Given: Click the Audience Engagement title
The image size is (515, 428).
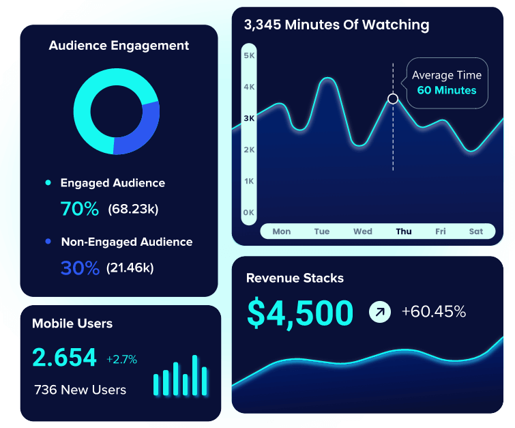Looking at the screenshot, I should click(x=119, y=46).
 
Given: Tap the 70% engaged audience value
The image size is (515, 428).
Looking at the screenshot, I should click(x=79, y=209).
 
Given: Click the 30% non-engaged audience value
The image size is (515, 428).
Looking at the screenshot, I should click(x=80, y=268).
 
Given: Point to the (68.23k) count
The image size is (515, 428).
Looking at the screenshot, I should click(x=133, y=209).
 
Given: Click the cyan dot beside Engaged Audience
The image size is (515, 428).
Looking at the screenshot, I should click(x=48, y=183).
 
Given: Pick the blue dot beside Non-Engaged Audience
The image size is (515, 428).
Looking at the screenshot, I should click(x=48, y=242).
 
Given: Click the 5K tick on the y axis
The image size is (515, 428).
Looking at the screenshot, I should click(x=249, y=55).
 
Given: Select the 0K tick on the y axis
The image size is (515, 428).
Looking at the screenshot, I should click(x=249, y=212).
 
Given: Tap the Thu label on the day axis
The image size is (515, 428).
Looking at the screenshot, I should click(x=404, y=231).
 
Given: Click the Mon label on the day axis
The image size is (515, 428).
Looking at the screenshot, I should click(x=282, y=231).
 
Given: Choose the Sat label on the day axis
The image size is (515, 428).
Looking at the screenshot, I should click(x=476, y=231).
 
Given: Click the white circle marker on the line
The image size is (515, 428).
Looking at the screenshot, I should click(x=393, y=99).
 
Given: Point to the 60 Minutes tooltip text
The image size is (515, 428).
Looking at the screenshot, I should click(x=447, y=90).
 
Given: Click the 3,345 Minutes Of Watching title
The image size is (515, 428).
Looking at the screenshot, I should click(x=336, y=25).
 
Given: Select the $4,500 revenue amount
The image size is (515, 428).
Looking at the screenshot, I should click(x=300, y=313).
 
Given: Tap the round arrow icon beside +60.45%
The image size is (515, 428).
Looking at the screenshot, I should click(x=380, y=312).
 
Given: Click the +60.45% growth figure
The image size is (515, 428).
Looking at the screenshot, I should click(x=433, y=312).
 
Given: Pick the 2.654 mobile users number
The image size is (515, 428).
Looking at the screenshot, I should click(x=65, y=358).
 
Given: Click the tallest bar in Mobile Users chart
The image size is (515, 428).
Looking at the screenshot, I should click(x=194, y=375).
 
